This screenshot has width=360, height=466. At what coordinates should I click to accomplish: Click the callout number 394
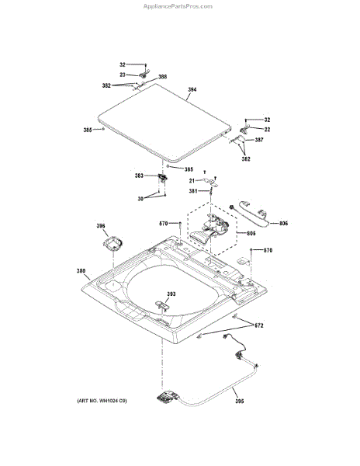[192, 90]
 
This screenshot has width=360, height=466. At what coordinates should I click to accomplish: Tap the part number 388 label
[162, 77]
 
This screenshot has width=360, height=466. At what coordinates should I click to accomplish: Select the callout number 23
[123, 75]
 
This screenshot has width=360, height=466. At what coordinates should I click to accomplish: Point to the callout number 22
[267, 129]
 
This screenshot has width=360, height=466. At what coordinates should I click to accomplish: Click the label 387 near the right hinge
[258, 140]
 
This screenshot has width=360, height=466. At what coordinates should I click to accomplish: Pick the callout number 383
[139, 176]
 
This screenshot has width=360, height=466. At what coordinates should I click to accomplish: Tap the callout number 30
[140, 200]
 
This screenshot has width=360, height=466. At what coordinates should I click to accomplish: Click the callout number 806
[283, 224]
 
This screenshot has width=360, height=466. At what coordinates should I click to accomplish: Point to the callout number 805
[251, 233]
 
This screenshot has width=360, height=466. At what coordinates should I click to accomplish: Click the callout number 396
[100, 227]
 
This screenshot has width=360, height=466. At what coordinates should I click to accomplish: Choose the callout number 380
[81, 271]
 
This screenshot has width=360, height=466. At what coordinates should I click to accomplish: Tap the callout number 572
[259, 325]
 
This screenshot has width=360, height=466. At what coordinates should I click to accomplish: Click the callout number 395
[237, 401]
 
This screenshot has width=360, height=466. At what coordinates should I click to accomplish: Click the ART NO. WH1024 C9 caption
[101, 401]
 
